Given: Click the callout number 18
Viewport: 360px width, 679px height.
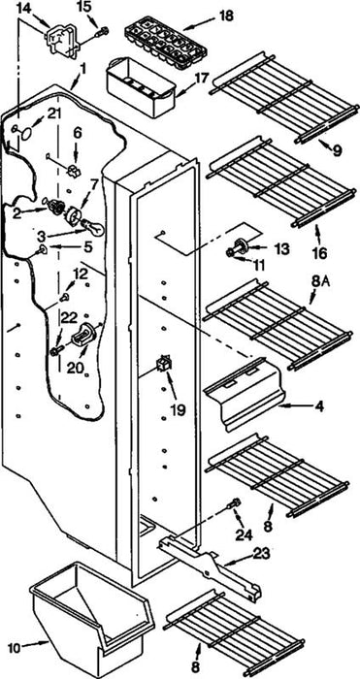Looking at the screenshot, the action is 226,16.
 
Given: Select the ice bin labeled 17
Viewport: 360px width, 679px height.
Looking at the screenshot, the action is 141,88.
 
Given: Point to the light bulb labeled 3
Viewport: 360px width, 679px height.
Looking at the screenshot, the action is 93,227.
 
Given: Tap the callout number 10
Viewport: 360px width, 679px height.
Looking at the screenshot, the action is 14,648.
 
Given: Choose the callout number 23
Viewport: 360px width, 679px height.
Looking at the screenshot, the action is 261,553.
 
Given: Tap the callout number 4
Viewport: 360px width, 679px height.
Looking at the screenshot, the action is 319,407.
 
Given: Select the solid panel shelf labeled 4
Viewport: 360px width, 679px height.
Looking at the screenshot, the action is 244,393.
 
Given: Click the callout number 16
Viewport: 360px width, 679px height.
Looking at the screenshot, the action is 319,253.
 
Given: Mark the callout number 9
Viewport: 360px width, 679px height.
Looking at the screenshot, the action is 337,150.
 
